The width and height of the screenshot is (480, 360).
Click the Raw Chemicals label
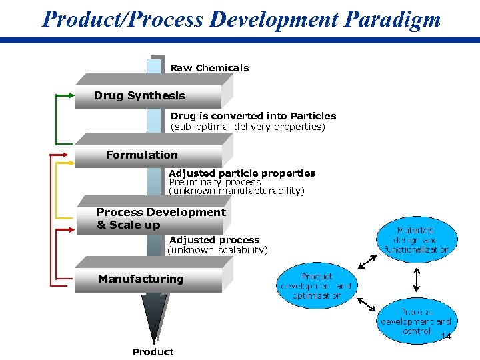209,68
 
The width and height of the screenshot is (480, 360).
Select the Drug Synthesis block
147,96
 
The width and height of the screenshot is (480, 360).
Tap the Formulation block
147,155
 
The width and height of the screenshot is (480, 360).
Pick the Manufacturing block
147,279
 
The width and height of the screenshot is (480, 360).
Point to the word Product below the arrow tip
153,352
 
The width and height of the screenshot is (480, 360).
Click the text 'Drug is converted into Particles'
253,116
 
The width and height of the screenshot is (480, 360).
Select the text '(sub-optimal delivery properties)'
247,127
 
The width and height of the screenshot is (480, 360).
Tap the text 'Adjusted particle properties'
242,173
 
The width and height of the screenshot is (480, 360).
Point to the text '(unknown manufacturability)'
237,191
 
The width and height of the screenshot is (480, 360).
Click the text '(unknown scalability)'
217,250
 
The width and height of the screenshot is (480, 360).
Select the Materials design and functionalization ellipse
417,239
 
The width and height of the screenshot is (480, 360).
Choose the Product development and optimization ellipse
316,285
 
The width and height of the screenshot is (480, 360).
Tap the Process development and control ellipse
417,321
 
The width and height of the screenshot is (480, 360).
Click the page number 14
446,337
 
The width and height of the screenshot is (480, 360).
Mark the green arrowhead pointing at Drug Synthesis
72,96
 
